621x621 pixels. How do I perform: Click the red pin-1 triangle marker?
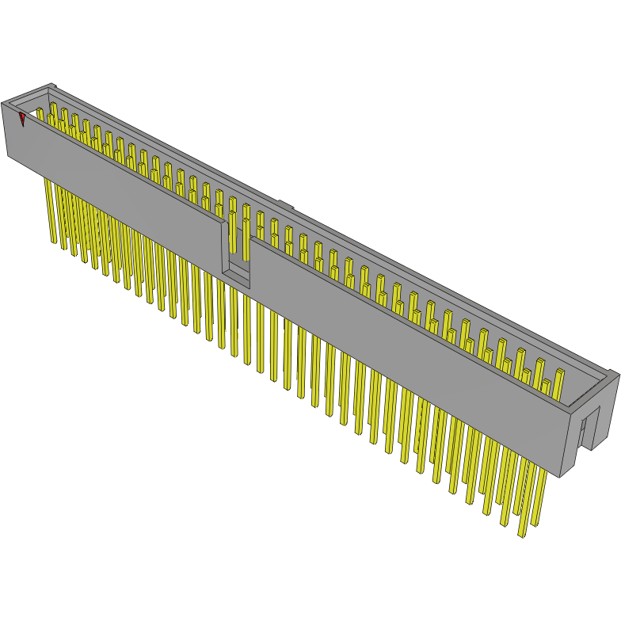[22, 119]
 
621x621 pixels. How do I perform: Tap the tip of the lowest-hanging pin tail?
[522, 535]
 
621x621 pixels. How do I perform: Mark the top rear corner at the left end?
[51, 85]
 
